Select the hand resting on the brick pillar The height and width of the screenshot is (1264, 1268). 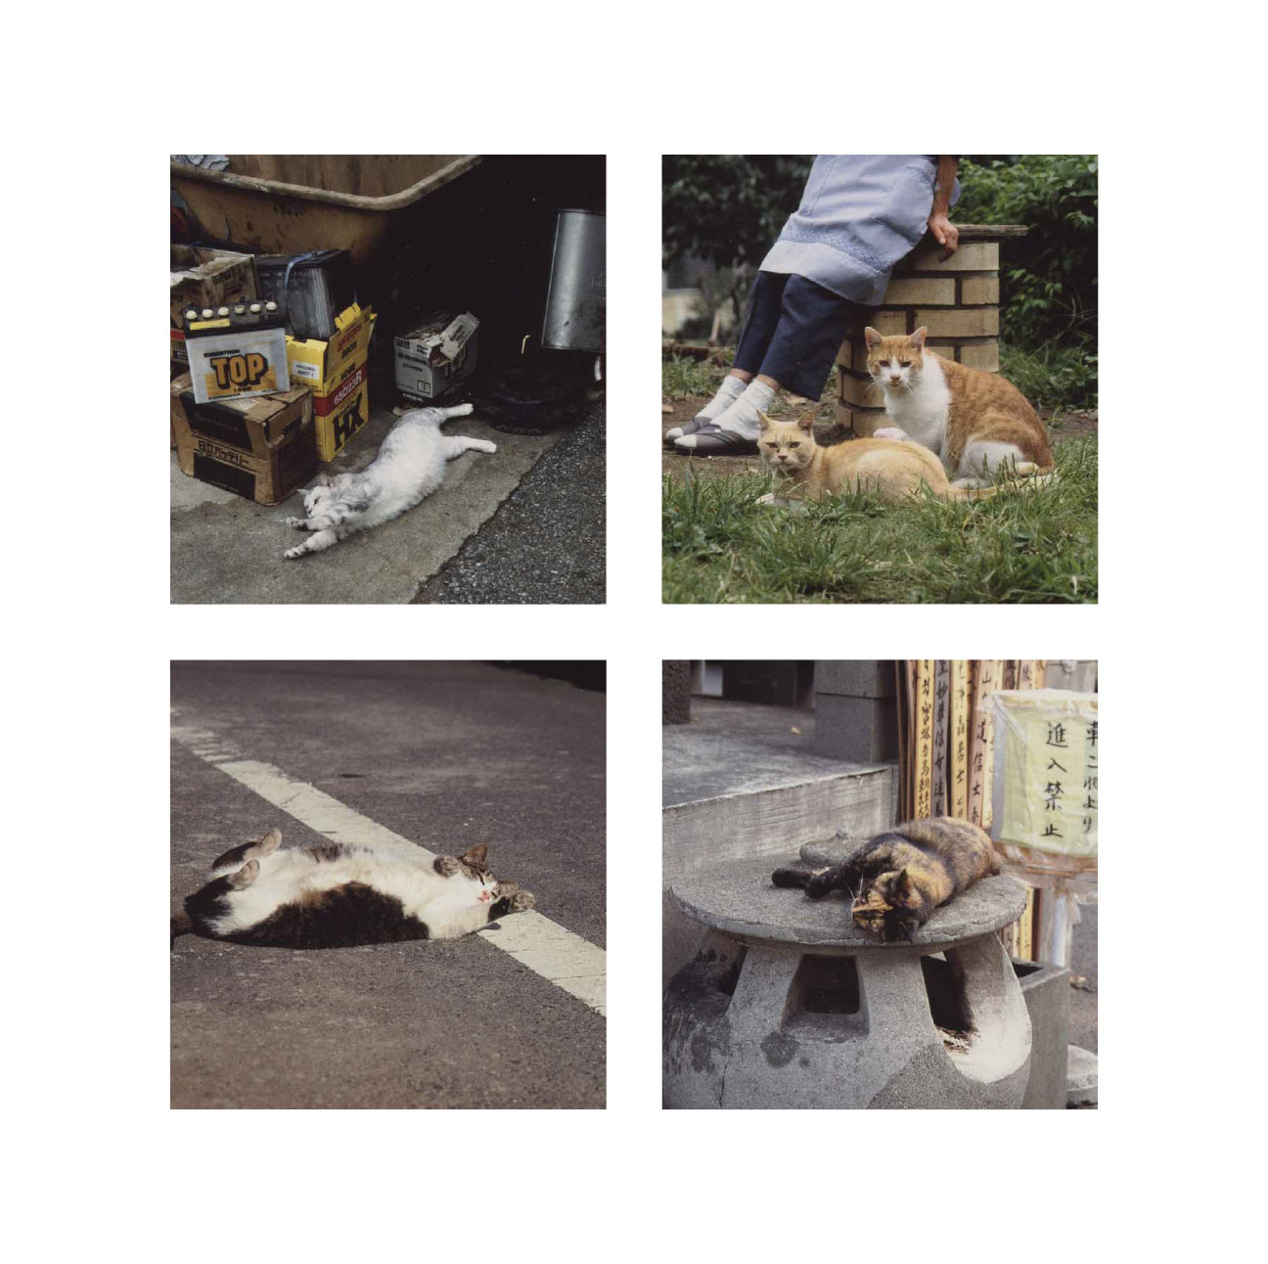[944, 235]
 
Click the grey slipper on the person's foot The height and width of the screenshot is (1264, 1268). [706, 438]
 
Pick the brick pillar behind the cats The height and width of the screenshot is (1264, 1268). [939, 303]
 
